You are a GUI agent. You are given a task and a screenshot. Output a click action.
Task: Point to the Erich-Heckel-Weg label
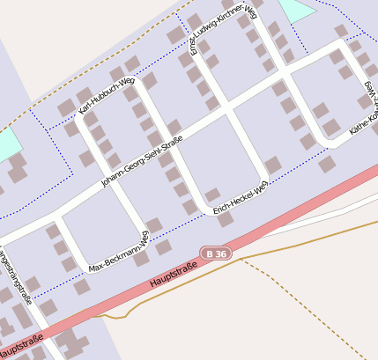pyautogui.click(x=241, y=196)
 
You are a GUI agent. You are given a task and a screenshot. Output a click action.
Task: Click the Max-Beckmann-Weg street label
pyautogui.click(x=119, y=252)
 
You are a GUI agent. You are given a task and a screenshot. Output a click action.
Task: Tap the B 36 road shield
pyautogui.click(x=213, y=253)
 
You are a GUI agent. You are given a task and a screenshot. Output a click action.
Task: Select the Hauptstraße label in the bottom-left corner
pyautogui.click(x=19, y=346)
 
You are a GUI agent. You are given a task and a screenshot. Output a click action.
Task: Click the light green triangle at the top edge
pyautogui.click(x=297, y=10)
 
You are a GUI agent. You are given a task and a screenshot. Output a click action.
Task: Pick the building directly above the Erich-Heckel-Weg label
pyautogui.click(x=212, y=195)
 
